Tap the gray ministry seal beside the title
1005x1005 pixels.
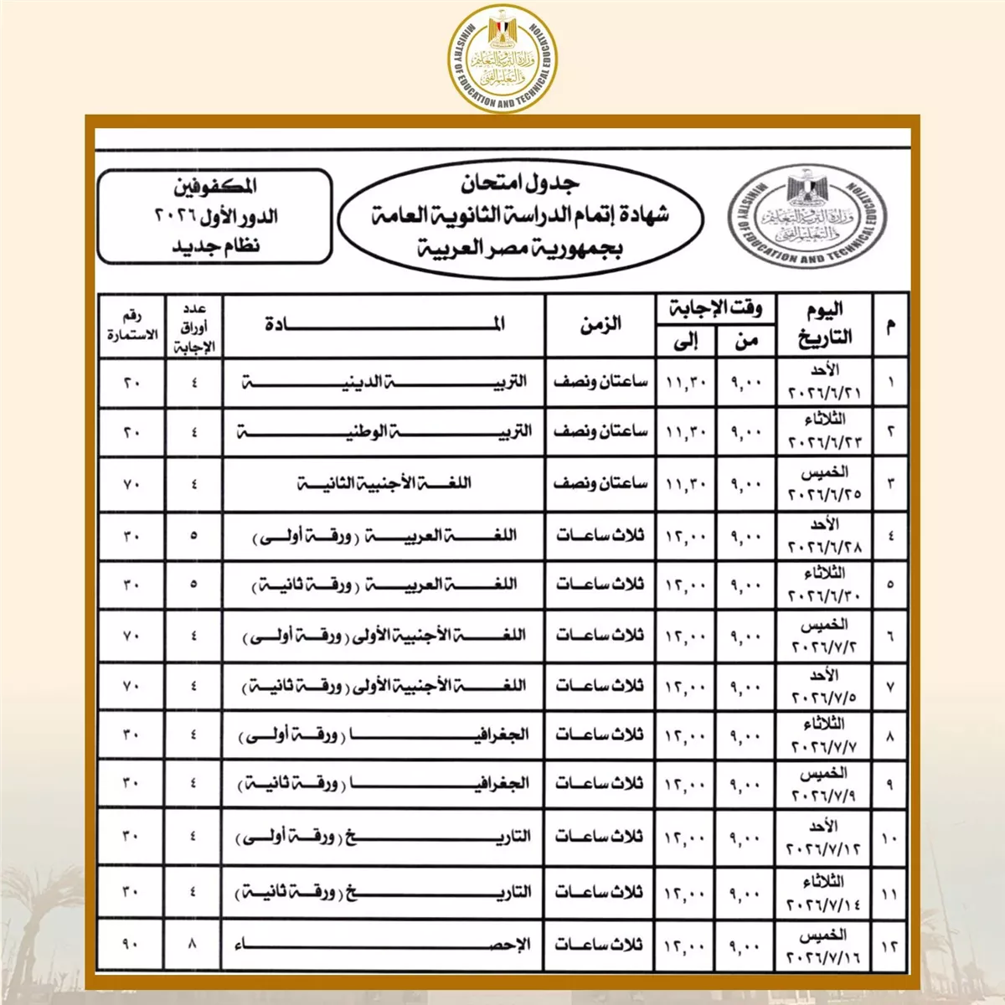[x=807, y=215]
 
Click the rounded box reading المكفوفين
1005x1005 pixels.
[x=215, y=216]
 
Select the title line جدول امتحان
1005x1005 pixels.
[x=519, y=182]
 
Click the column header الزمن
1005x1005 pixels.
[x=600, y=324]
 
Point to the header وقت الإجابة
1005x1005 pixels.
[x=715, y=308]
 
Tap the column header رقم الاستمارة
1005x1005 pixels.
[x=131, y=325]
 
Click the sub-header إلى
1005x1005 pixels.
[x=686, y=341]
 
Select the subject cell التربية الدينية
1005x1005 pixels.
[x=384, y=383]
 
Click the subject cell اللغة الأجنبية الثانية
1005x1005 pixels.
[x=384, y=483]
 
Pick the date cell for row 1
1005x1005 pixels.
[x=824, y=383]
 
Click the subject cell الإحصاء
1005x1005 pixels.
[x=384, y=945]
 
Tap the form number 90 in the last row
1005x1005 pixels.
[x=131, y=945]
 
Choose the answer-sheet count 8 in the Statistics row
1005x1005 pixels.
[x=193, y=945]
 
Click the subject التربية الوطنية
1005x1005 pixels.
[x=384, y=432]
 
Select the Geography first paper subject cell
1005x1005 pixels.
[x=384, y=735]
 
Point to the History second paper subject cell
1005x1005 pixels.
[x=384, y=893]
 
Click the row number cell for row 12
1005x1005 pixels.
[x=889, y=945]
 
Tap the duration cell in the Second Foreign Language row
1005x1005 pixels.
[x=600, y=483]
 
